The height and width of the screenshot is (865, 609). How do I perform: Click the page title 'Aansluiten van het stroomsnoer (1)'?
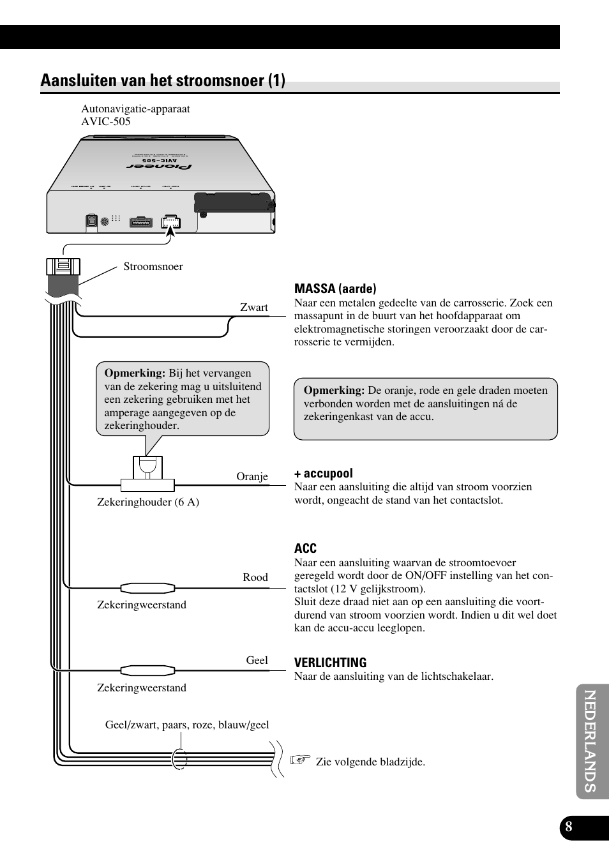[163, 80]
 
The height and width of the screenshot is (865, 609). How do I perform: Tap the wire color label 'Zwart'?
[253, 307]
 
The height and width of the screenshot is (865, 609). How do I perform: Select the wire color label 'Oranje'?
[252, 476]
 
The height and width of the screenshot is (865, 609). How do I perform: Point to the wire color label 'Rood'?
[255, 577]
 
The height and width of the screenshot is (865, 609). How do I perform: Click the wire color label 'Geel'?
[257, 660]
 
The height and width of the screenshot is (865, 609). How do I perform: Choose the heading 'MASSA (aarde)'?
[335, 289]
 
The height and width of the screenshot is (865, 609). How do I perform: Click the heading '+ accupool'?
[323, 473]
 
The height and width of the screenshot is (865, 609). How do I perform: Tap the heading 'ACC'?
[305, 548]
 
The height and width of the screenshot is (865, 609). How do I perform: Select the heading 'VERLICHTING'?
[330, 663]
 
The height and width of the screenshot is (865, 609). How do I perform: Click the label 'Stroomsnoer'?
[153, 266]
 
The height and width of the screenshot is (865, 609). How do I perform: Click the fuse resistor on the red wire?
[148, 588]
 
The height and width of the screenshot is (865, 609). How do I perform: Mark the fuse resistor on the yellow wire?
[148, 670]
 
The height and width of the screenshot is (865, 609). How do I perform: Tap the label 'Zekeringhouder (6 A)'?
[148, 502]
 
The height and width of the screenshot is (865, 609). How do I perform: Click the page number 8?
[569, 828]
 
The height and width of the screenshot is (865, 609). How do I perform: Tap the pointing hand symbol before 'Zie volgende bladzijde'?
[299, 760]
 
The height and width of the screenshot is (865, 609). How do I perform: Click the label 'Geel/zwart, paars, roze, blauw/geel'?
[187, 725]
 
